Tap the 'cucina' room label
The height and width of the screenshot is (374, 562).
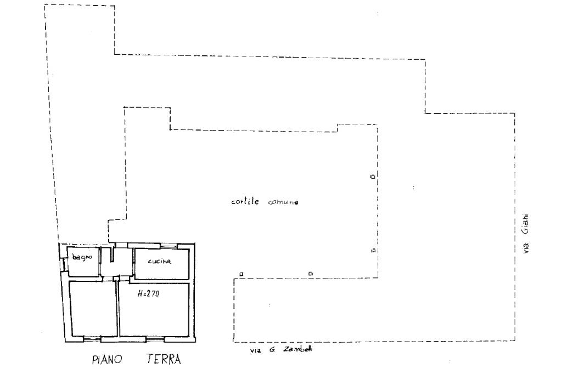(x=160, y=261)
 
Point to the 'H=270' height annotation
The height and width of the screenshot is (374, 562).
(x=148, y=293)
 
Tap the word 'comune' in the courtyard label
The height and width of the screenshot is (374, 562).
(x=283, y=202)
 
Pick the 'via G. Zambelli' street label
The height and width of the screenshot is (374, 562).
(x=280, y=349)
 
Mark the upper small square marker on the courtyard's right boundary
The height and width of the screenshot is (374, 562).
(x=373, y=177)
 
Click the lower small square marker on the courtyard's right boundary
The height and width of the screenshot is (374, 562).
(x=373, y=251)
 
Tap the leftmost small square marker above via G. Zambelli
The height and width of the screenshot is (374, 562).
(x=241, y=273)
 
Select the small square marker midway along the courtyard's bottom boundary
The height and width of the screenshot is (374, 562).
(x=310, y=273)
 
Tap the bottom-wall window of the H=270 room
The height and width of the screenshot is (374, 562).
(x=155, y=339)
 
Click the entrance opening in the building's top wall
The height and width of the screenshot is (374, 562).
(x=117, y=245)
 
